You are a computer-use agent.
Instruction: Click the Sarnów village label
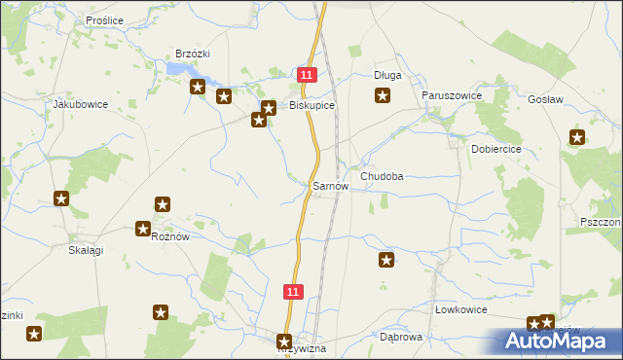click(329, 185)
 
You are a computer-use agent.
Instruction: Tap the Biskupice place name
click(311, 106)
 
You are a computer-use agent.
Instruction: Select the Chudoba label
click(382, 177)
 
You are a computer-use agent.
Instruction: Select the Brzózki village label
click(193, 54)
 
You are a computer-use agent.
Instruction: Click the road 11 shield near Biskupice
click(308, 75)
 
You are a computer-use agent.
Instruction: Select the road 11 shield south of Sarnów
click(295, 291)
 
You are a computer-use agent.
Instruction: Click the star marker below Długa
click(384, 95)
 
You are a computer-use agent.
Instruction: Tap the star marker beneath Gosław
click(577, 137)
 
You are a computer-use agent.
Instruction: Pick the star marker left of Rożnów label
click(143, 230)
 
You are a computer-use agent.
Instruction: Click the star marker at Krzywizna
click(284, 342)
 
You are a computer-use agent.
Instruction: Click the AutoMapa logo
click(559, 340)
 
